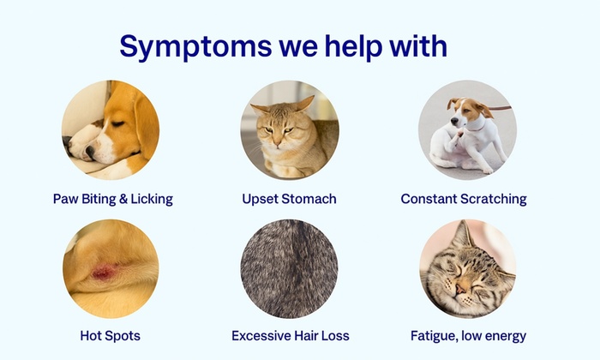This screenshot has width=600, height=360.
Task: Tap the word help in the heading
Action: [353, 46]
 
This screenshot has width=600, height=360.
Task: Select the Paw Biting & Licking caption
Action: [113, 199]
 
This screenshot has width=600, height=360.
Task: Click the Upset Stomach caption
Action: [290, 199]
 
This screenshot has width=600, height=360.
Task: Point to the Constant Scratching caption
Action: [464, 199]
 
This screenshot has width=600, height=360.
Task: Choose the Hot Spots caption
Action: [111, 336]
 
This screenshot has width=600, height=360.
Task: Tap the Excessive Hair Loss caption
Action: [291, 336]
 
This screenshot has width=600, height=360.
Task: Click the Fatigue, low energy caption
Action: [468, 336]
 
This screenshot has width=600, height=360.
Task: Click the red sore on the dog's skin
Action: [103, 272]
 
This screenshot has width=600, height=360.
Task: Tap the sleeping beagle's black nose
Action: [90, 152]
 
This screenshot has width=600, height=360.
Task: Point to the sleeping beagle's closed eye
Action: [117, 123]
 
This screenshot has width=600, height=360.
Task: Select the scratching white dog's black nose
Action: [454, 121]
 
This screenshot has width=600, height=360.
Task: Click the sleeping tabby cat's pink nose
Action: [460, 289]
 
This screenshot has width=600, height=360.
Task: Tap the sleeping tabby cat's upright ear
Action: [462, 234]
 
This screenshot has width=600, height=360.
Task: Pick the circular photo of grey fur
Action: [290, 268]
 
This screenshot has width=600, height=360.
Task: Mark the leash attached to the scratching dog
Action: [499, 108]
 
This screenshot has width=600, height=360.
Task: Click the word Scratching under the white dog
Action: [494, 199]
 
